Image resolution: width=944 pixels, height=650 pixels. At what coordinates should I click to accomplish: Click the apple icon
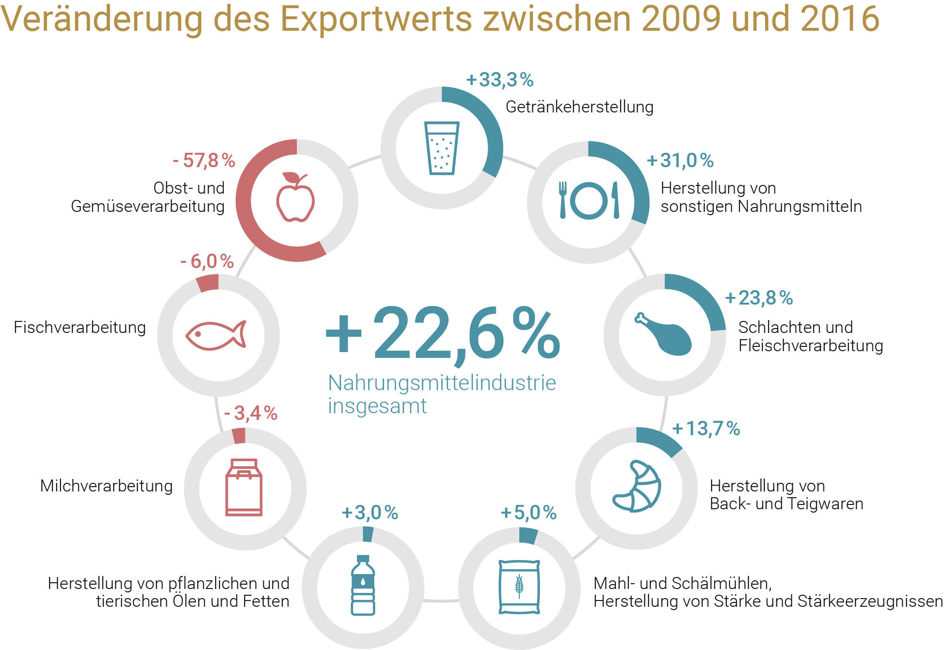(295, 198)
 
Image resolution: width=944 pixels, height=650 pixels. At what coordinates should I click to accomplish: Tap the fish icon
(216, 335)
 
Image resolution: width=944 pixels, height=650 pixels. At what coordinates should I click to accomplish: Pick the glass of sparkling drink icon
(441, 148)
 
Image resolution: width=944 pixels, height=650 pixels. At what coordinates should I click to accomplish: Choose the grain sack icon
(519, 587)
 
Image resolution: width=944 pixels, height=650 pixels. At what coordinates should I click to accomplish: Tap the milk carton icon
(244, 487)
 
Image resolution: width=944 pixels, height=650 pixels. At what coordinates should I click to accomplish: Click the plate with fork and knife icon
(589, 200)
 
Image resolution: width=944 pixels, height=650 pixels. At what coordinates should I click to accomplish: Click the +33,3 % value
(500, 80)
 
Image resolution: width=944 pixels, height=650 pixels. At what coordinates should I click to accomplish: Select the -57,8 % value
(204, 160)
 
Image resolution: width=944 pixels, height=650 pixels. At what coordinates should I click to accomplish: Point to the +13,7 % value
(706, 429)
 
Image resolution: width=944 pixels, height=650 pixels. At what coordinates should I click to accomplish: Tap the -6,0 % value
(207, 262)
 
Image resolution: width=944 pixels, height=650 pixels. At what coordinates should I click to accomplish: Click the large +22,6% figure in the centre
(442, 334)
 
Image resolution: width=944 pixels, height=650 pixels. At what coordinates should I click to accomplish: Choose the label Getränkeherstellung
(579, 107)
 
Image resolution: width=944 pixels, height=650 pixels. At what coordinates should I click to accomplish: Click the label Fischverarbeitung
(80, 327)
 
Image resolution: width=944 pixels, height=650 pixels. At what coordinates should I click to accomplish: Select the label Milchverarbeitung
(106, 486)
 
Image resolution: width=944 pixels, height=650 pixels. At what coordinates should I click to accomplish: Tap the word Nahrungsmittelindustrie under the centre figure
(442, 383)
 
